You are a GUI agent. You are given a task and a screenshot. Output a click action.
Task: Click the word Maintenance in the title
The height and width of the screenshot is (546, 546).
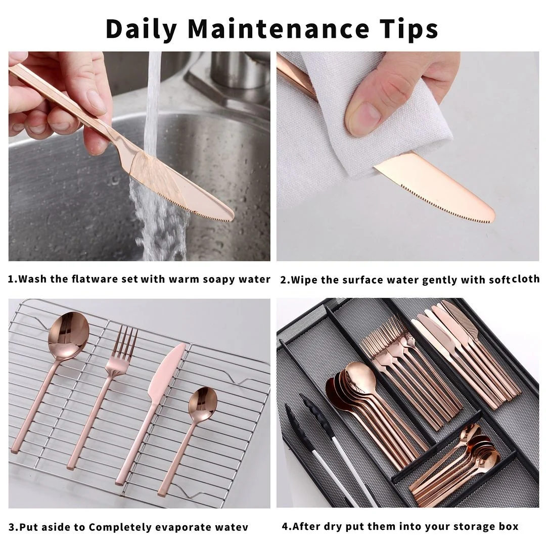[278, 29]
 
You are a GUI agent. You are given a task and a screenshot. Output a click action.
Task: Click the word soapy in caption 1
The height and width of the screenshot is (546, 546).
[219, 279]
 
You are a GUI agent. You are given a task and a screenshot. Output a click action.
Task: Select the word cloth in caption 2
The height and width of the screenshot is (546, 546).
[526, 279]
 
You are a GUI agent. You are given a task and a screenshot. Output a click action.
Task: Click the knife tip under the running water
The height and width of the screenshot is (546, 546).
[232, 216]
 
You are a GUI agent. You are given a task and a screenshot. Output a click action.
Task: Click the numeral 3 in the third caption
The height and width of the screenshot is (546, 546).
[12, 527]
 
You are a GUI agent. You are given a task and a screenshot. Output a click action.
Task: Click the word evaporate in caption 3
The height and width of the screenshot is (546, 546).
[183, 527]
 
